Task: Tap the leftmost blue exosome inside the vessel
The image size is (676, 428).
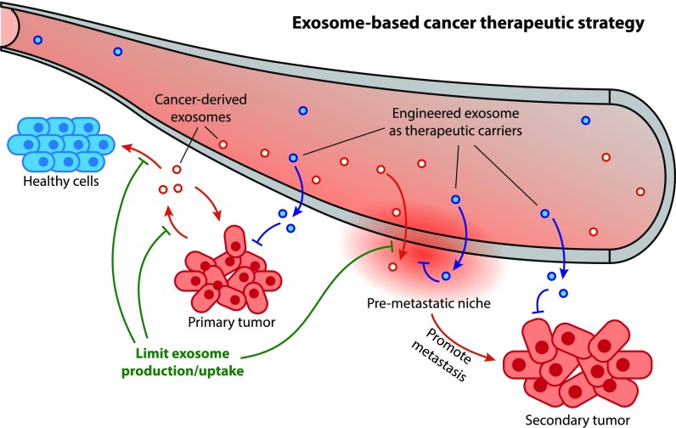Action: pyautogui.click(x=36, y=40)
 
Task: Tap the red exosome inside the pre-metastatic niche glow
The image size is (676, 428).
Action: pyautogui.click(x=392, y=267)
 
